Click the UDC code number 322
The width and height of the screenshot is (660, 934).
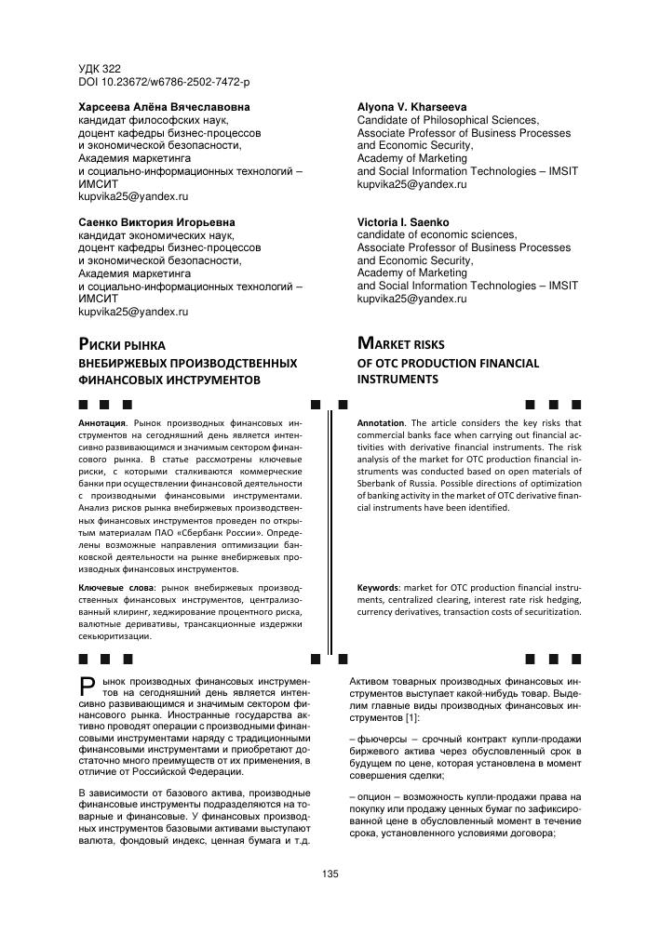(113, 69)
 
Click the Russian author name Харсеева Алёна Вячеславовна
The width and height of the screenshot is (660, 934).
(164, 107)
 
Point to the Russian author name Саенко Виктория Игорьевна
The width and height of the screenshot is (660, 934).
(156, 222)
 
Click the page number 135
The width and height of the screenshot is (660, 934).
(330, 874)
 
